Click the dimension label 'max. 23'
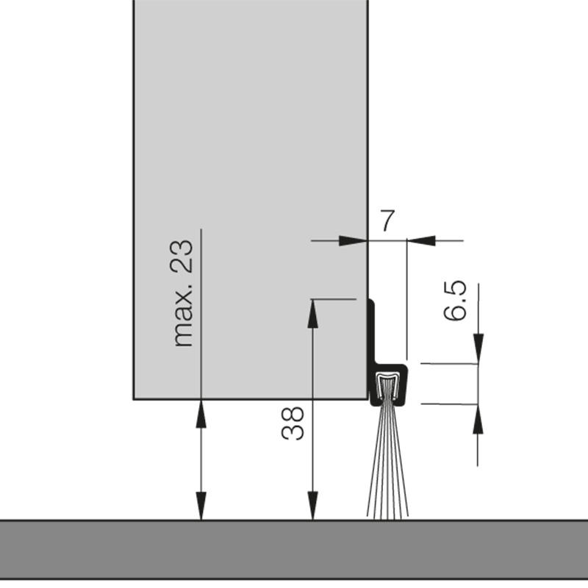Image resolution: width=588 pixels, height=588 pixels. click(184, 293)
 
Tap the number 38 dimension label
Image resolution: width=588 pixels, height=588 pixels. click(293, 424)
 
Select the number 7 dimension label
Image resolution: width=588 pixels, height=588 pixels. click(387, 220)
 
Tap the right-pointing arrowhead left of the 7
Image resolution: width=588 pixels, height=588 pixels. click(354, 240)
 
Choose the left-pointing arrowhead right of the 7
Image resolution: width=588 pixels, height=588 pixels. click(420, 240)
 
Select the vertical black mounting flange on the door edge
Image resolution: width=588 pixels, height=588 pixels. click(372, 331)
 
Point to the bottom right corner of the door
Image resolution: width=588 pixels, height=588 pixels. click(367, 398)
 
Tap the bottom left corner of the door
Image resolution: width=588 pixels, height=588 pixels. click(134, 398)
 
